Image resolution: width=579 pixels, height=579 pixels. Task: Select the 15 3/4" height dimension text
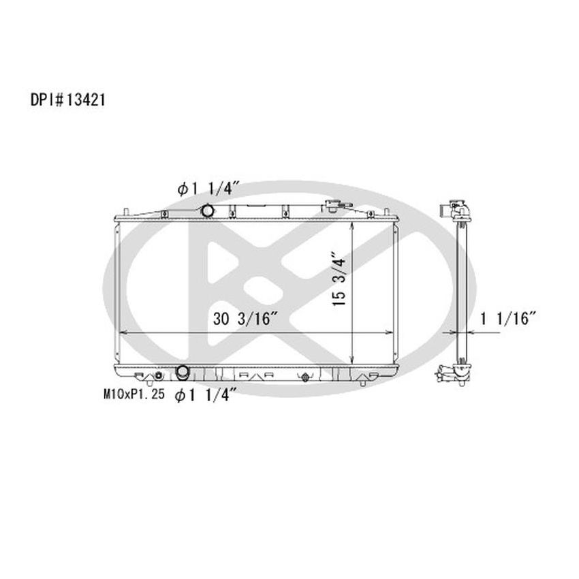click(339, 280)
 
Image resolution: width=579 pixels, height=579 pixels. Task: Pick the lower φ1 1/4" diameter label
click(206, 395)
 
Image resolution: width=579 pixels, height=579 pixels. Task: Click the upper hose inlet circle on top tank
click(208, 211)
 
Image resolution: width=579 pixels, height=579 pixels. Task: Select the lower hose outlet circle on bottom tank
click(183, 373)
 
